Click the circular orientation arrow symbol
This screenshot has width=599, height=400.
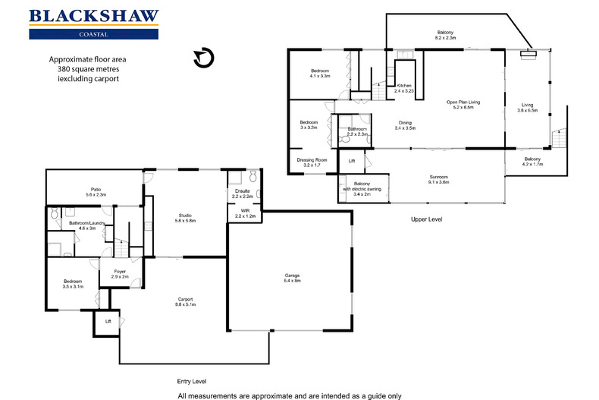[202, 58]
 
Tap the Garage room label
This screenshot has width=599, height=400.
[293, 277]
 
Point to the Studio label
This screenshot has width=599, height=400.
[187, 217]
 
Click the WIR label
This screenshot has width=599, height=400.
[245, 213]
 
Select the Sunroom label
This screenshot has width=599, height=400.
[438, 178]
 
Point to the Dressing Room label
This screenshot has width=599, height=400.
[311, 162]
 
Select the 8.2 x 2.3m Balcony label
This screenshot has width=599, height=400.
[445, 33]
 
